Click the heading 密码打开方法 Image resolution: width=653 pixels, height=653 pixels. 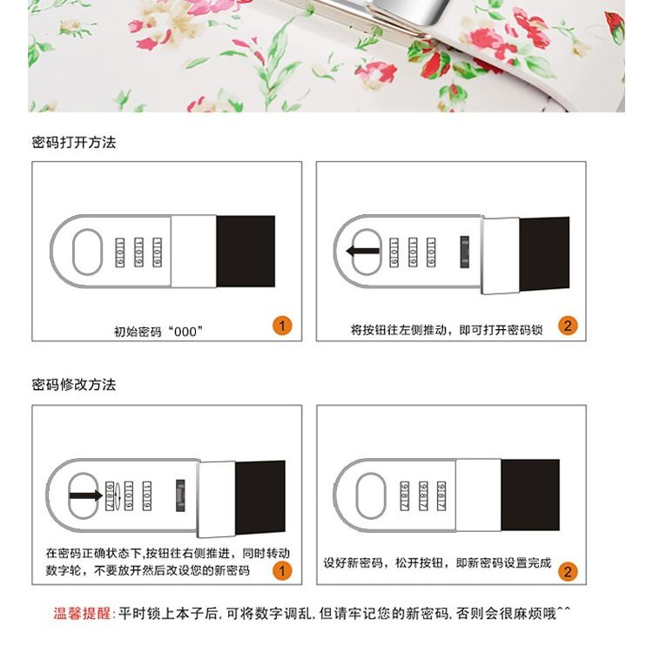[x=74, y=143]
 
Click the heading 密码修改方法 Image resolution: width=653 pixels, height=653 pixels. [x=74, y=384]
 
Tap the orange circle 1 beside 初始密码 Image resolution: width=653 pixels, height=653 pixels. [x=282, y=326]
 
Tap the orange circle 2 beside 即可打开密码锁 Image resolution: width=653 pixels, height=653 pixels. [x=568, y=326]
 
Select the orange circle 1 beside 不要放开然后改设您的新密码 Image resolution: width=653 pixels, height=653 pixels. [x=282, y=570]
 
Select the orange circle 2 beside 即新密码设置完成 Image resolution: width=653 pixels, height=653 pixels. [x=568, y=571]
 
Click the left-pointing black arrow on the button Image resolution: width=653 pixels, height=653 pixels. [x=363, y=251]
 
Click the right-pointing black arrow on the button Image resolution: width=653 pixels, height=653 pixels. [x=86, y=495]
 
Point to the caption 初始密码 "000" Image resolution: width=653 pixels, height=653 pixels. [x=158, y=332]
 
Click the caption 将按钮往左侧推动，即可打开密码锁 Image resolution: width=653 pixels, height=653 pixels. [x=447, y=330]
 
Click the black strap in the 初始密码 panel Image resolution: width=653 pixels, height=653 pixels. [x=246, y=251]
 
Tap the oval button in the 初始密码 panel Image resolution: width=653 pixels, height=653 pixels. [x=87, y=252]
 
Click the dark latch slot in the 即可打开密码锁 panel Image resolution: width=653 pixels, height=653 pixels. [x=464, y=252]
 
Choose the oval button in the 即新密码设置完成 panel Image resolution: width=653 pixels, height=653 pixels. [x=371, y=495]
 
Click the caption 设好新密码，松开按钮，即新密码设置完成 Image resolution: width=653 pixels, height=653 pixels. [x=437, y=563]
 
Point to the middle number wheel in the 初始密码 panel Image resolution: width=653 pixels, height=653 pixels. [x=138, y=252]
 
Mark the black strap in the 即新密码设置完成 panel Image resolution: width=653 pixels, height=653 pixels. [x=530, y=495]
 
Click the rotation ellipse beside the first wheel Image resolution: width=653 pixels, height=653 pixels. [x=118, y=495]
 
